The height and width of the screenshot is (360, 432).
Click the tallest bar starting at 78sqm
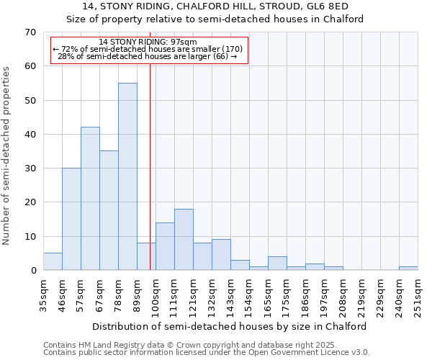click(x=127, y=176)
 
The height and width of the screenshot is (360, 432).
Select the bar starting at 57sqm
click(x=90, y=199)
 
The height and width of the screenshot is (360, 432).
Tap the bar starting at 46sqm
click(x=71, y=219)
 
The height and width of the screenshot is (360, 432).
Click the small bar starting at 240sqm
click(x=408, y=269)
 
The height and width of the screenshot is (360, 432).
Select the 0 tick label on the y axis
click(x=32, y=271)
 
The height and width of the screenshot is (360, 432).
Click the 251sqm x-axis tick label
click(x=418, y=295)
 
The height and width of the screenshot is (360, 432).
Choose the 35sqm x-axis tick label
click(x=43, y=295)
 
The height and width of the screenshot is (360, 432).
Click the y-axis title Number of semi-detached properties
click(x=7, y=156)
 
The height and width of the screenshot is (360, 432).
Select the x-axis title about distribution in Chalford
click(x=230, y=326)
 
